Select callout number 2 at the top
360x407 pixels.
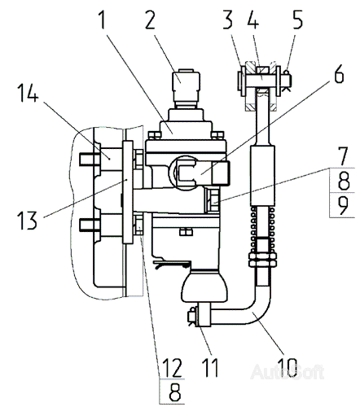[x=150, y=20]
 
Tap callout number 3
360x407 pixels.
[x=228, y=20]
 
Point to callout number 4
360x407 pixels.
[x=253, y=20]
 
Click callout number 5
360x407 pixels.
[x=297, y=20]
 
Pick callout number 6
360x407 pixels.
[x=339, y=73]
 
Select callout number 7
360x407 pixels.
[x=343, y=156]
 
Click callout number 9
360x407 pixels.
[x=343, y=205]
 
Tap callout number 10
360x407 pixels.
[x=288, y=367]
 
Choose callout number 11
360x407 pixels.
[x=210, y=367]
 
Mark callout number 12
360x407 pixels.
[x=172, y=367]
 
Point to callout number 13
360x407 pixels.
[x=27, y=221]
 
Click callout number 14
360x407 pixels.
[x=29, y=93]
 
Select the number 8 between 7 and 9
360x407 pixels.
[x=344, y=181]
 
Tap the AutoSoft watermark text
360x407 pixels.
[x=288, y=372]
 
